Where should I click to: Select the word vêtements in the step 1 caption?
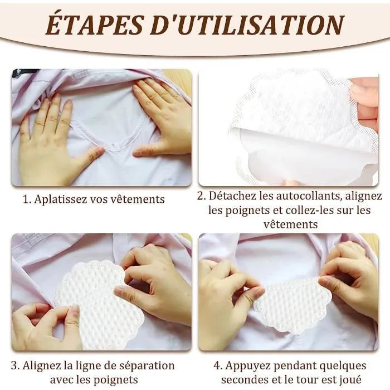(x=138, y=199)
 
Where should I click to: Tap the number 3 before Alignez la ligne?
(x=25, y=366)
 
